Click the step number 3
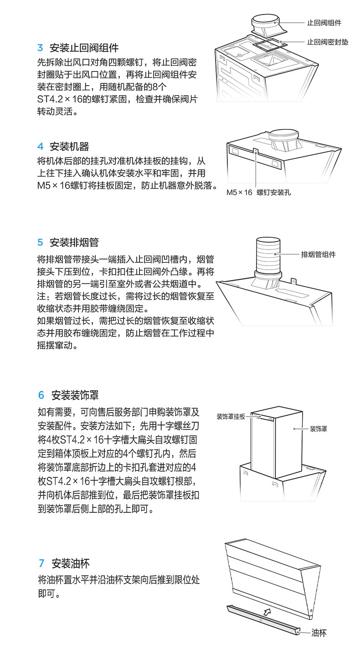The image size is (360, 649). click(40, 48)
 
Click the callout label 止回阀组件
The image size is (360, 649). click(324, 23)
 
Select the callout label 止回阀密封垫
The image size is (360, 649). click(327, 42)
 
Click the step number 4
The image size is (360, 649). click(40, 147)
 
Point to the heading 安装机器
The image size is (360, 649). click(69, 147)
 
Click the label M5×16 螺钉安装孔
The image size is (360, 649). click(258, 192)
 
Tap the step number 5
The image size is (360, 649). click(40, 242)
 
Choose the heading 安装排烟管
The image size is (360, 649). click(74, 242)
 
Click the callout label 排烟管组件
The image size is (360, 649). click(318, 254)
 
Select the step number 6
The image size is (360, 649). click(41, 395)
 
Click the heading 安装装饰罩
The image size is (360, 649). click(75, 395)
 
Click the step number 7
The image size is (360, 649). click(41, 563)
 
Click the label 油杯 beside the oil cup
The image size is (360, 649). click(319, 633)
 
